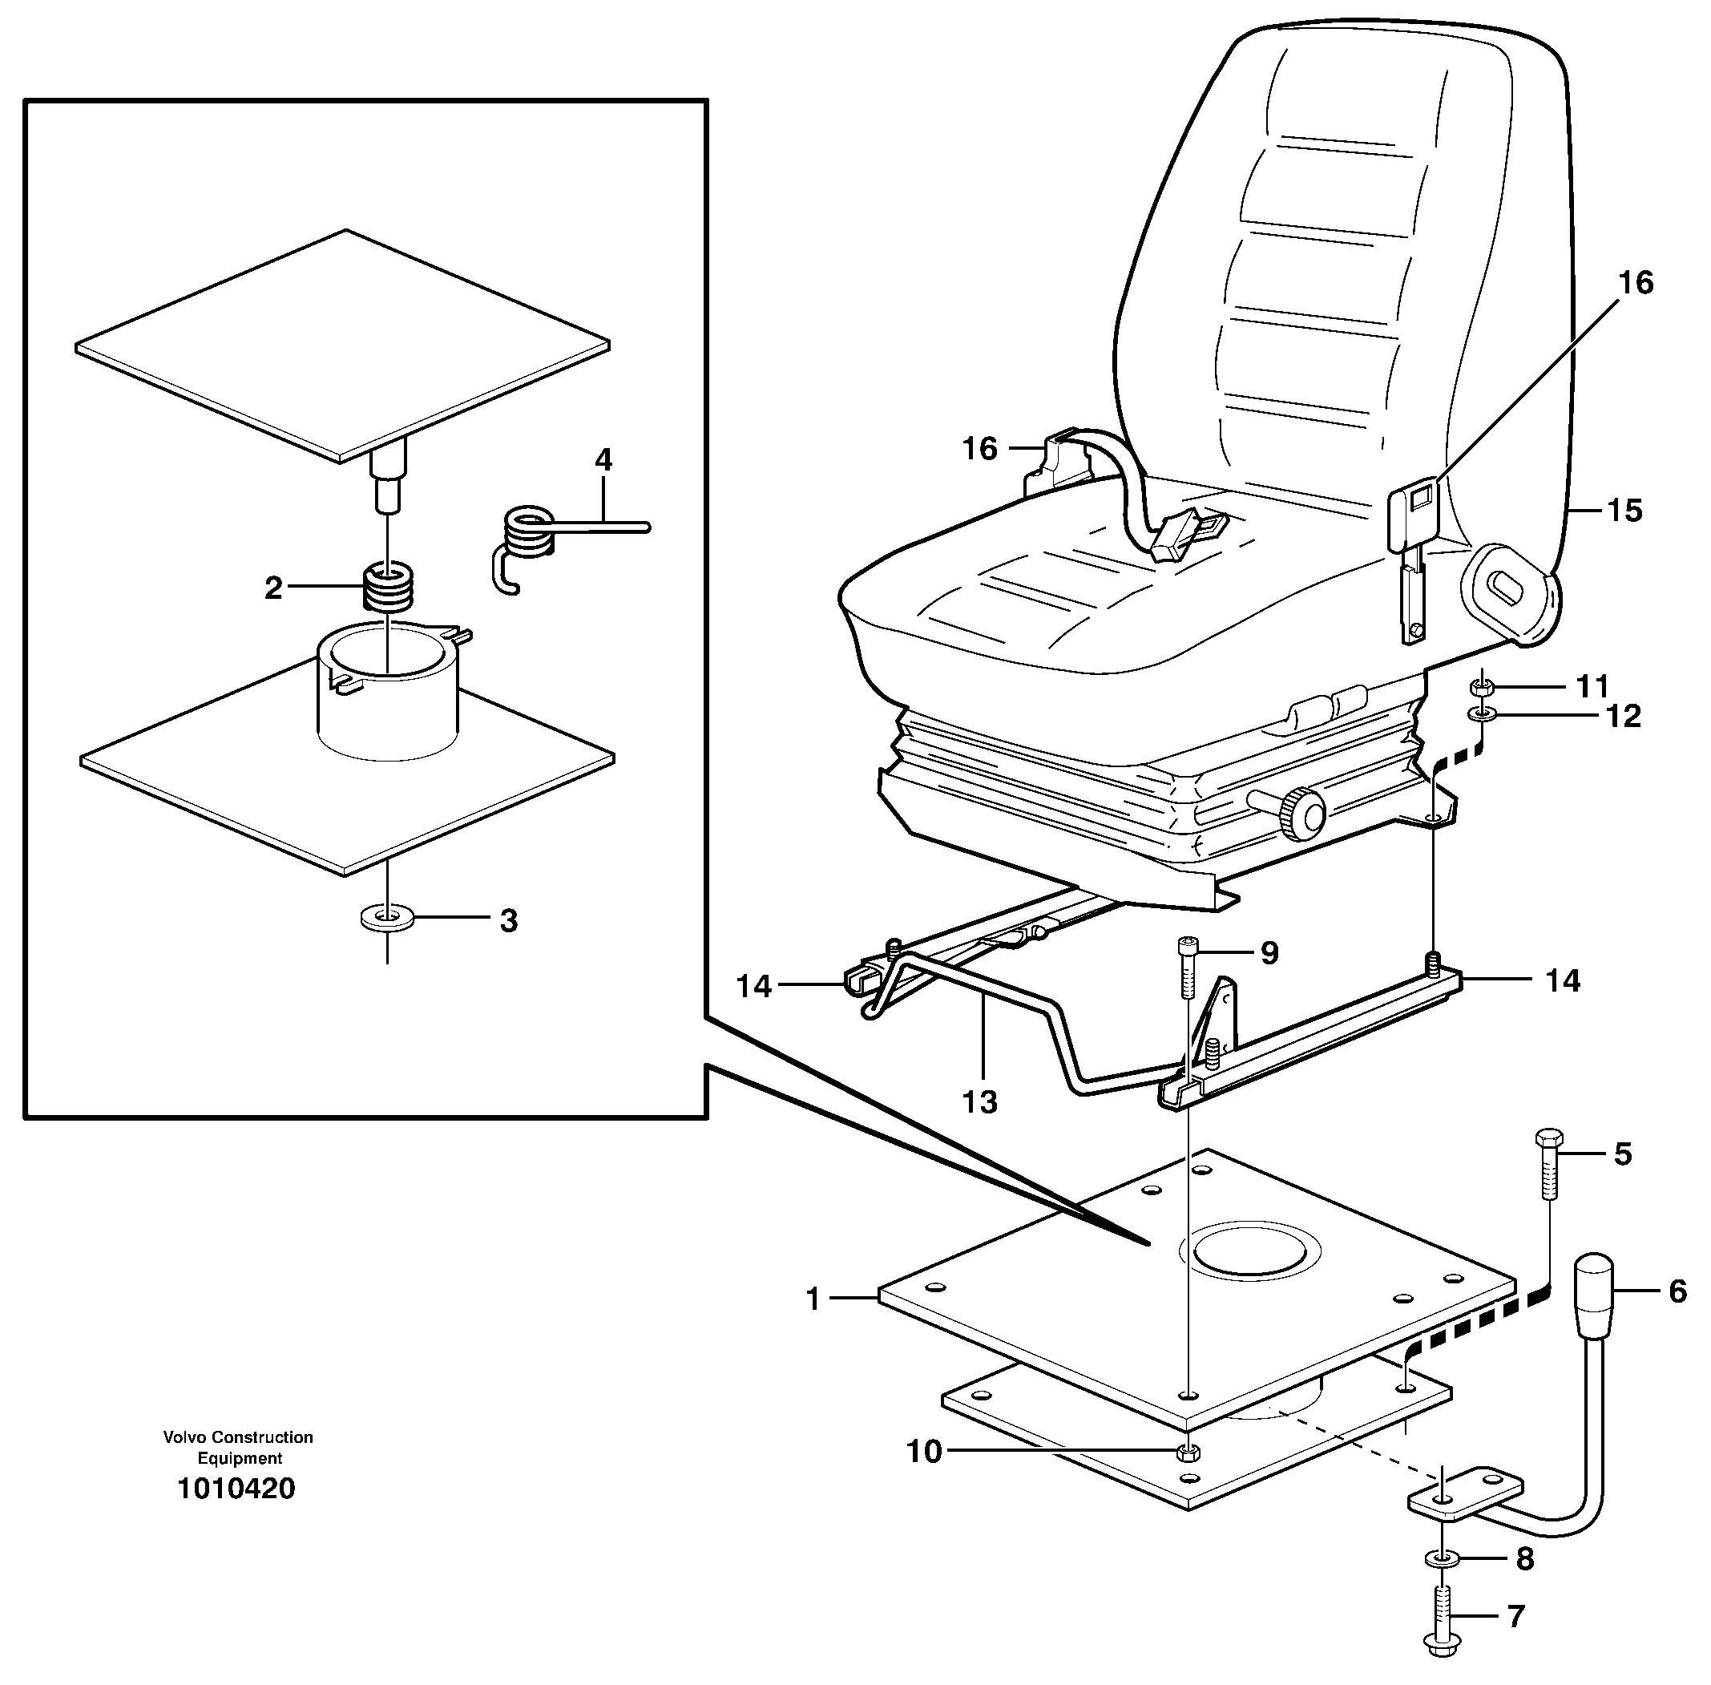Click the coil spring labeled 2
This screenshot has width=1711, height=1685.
tap(389, 587)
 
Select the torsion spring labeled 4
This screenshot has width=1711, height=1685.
tap(531, 535)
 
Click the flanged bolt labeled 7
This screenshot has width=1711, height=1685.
tap(1443, 1626)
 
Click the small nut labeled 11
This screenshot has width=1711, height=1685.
tap(1481, 686)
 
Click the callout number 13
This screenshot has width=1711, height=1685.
tap(979, 1101)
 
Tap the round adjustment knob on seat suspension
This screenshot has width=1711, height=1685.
tap(1303, 810)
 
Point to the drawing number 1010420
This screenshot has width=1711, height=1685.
tap(236, 1489)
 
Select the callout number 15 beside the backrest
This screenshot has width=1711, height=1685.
tap(1624, 511)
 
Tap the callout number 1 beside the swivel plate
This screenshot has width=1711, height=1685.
tap(813, 1299)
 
